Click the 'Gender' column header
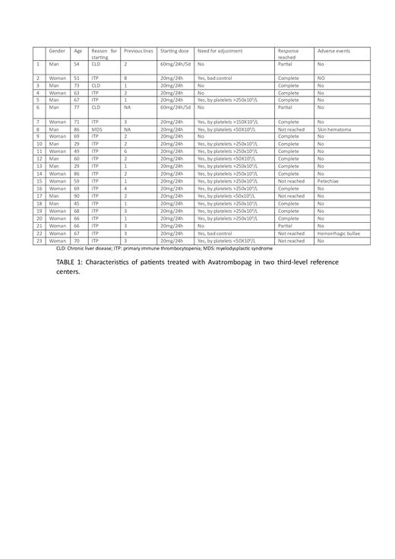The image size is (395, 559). pyautogui.click(x=57, y=51)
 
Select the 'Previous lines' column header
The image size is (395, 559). pyautogui.click(x=138, y=51)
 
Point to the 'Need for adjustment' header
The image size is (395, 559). pyautogui.click(x=220, y=51)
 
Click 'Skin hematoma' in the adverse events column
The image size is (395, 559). pyautogui.click(x=334, y=129)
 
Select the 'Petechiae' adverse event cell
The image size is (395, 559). pyautogui.click(x=329, y=181)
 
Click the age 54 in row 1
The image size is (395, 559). pyautogui.click(x=77, y=65)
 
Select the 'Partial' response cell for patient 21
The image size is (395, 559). pyautogui.click(x=286, y=226)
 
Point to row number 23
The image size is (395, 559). pyautogui.click(x=38, y=240)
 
